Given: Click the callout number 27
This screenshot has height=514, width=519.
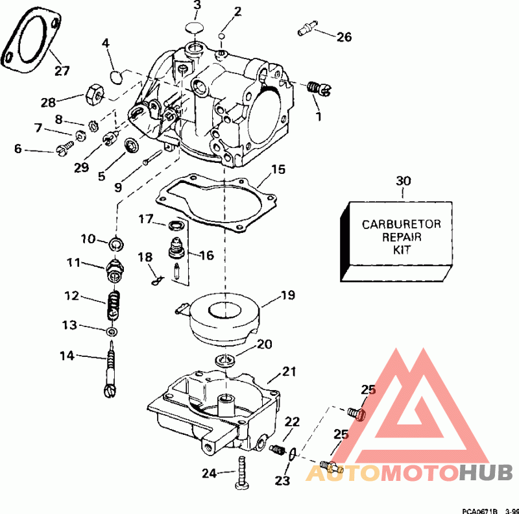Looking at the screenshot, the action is pos(62,71).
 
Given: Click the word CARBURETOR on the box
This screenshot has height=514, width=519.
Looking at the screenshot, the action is pos(401,225).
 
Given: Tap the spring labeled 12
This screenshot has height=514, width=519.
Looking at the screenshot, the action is pos(114,303).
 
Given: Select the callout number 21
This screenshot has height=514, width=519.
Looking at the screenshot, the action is pos(289,373).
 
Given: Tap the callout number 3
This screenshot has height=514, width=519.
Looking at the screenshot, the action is pos(197,6).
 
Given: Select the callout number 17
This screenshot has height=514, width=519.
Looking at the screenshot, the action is pos(145,220).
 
